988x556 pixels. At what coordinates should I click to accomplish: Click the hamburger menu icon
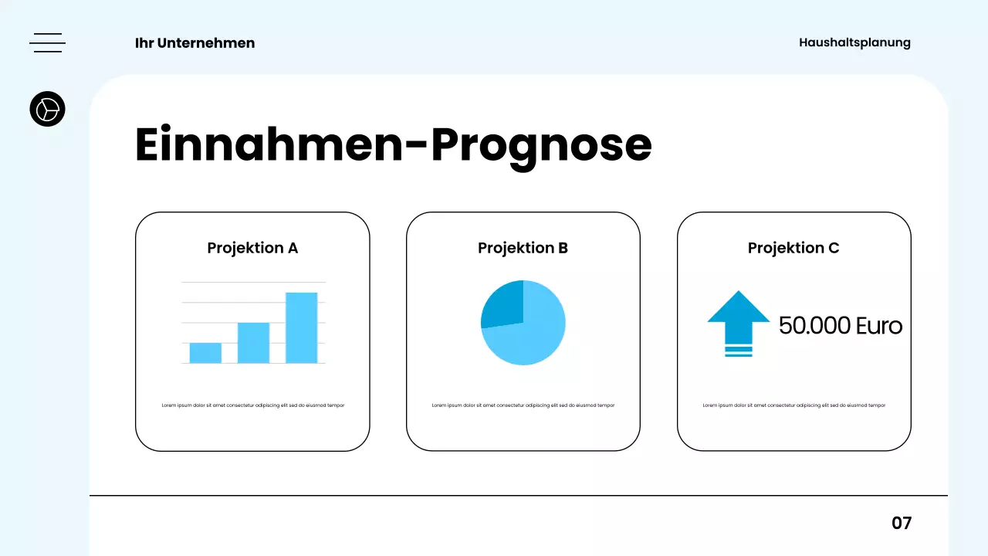pyautogui.click(x=47, y=43)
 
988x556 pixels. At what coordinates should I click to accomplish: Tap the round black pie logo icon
pyautogui.click(x=47, y=109)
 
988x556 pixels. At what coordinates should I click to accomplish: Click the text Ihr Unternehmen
pyautogui.click(x=195, y=43)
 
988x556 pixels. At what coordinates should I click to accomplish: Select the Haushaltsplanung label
pyautogui.click(x=854, y=42)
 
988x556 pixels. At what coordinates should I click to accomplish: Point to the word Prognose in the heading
pyautogui.click(x=540, y=144)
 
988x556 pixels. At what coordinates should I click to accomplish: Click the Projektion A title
pyautogui.click(x=252, y=248)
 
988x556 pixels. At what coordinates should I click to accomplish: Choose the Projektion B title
pyautogui.click(x=523, y=248)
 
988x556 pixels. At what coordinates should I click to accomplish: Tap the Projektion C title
pyautogui.click(x=793, y=248)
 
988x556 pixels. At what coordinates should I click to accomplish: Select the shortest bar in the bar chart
pyautogui.click(x=205, y=353)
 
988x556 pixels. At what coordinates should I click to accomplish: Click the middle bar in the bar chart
pyautogui.click(x=253, y=342)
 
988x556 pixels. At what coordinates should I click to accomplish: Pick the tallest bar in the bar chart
pyautogui.click(x=301, y=327)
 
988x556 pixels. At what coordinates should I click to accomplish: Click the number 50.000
pyautogui.click(x=814, y=325)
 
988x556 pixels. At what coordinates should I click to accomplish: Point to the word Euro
pyautogui.click(x=879, y=325)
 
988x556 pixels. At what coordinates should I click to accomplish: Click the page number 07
pyautogui.click(x=902, y=523)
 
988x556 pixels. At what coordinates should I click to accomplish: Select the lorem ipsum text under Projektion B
pyautogui.click(x=523, y=405)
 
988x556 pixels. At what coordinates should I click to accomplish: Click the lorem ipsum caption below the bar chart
pyautogui.click(x=252, y=405)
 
